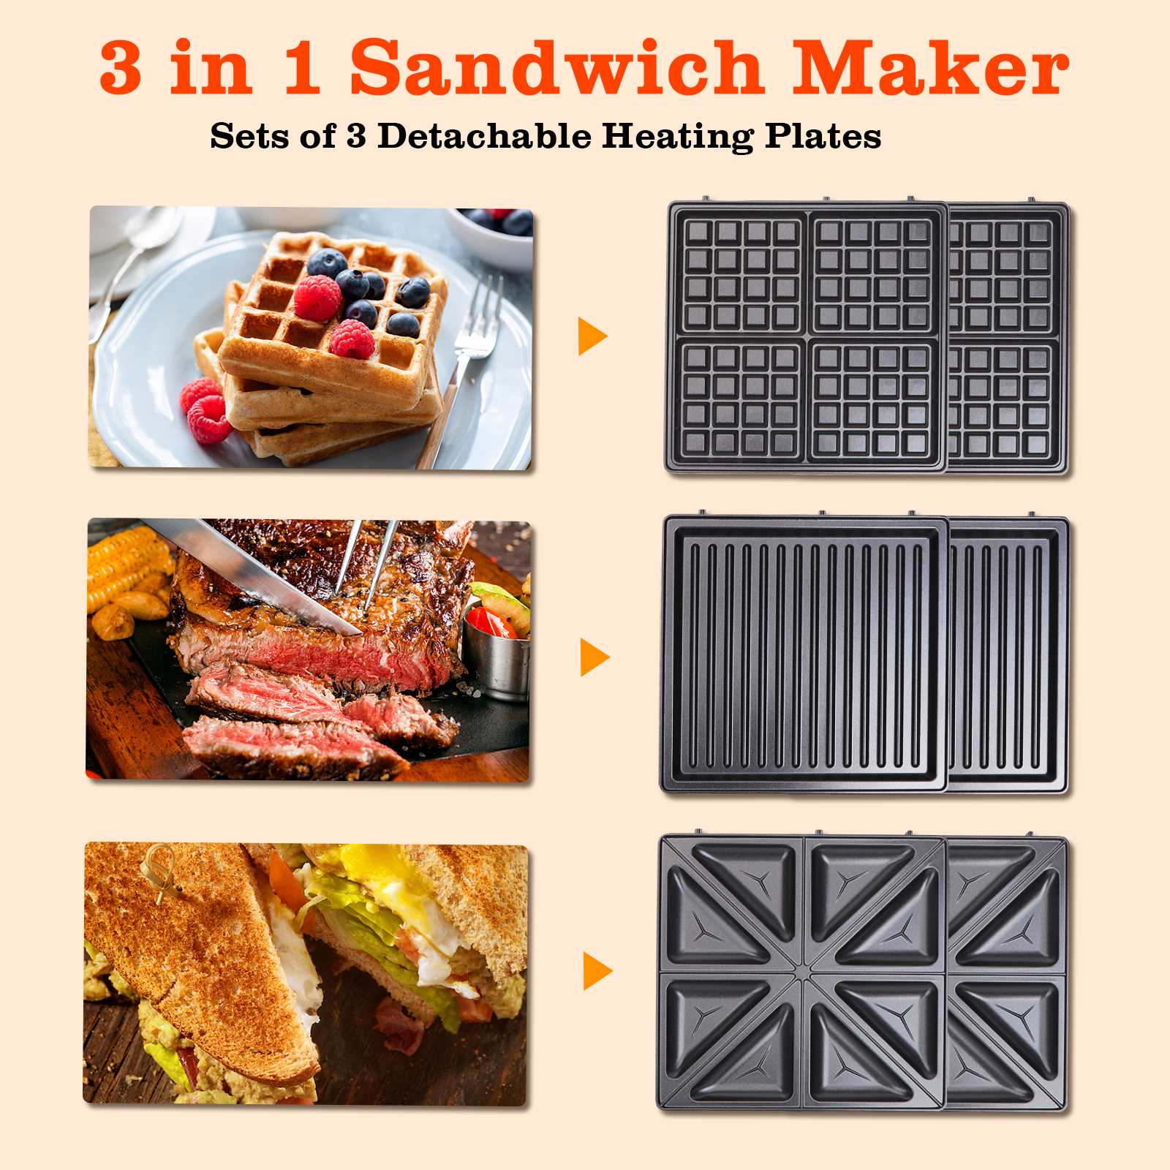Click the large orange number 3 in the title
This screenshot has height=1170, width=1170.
coord(121,67)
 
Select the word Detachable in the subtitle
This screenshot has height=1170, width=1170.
coord(485,135)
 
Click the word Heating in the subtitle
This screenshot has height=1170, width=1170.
coord(678,137)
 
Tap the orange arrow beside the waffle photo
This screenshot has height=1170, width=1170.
coord(592,336)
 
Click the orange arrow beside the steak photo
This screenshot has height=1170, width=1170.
coord(594,657)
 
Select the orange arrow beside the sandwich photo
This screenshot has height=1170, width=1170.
coord(597,971)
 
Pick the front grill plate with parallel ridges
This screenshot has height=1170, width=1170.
coord(804,654)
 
